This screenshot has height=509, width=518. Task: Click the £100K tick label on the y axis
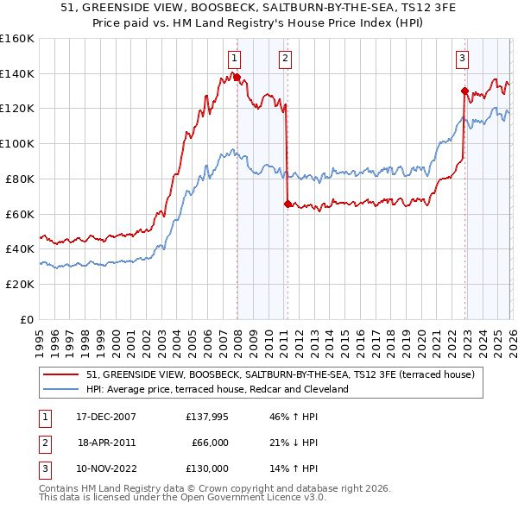click(17, 143)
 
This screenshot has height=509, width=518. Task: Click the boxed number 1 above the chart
click(234, 59)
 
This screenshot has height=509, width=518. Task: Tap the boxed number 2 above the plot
click(285, 59)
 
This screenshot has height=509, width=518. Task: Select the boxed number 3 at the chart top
click(463, 59)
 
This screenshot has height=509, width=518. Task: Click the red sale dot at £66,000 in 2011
click(287, 204)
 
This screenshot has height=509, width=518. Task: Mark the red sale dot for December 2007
click(237, 77)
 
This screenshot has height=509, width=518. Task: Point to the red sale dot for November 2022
click(464, 91)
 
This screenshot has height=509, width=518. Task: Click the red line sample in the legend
click(62, 374)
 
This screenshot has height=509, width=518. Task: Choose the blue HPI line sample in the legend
click(62, 389)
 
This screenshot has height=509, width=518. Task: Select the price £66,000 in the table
click(208, 443)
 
